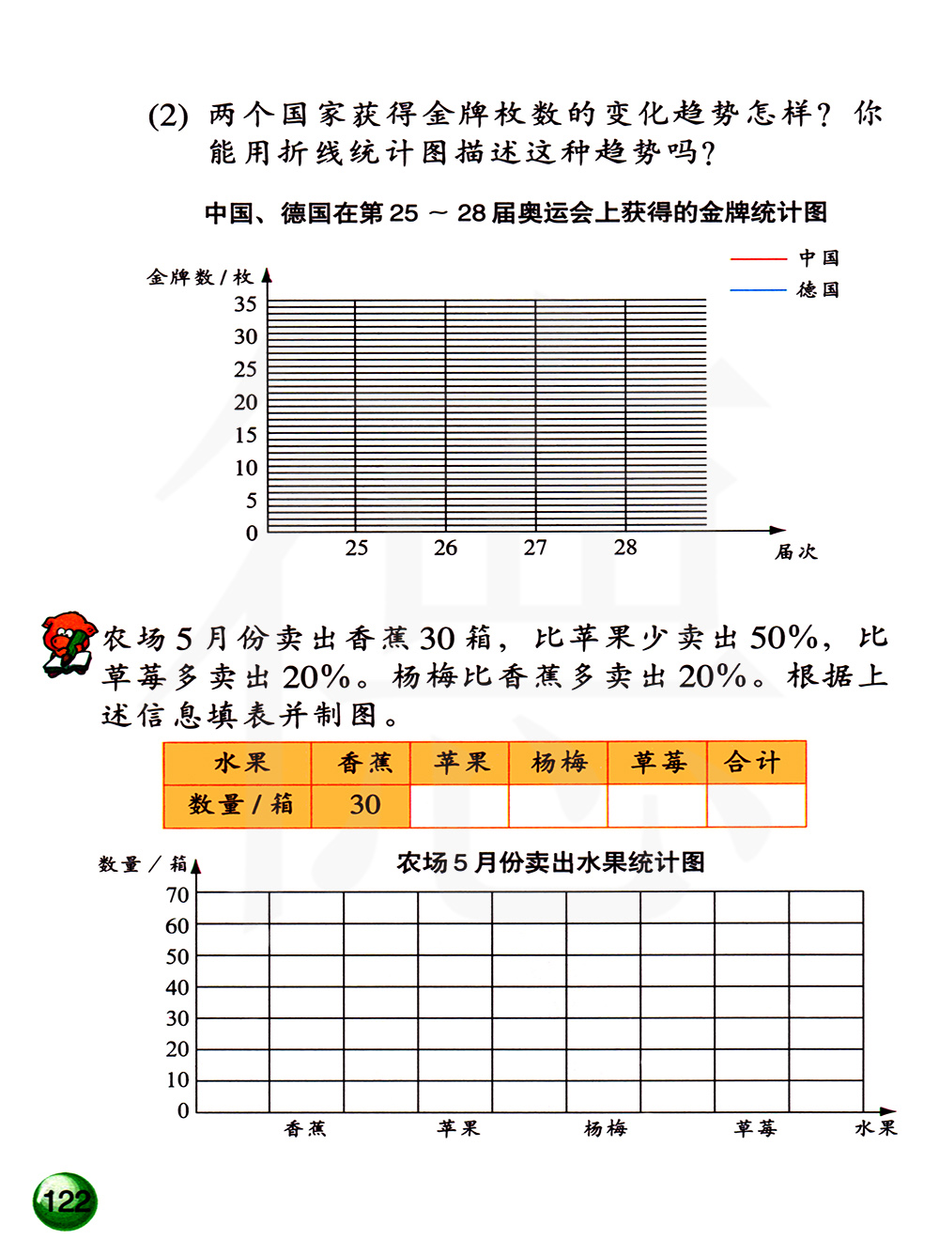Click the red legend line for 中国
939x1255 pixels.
tap(759, 258)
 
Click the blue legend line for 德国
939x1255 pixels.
tap(759, 290)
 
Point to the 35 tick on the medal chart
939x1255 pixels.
tap(245, 304)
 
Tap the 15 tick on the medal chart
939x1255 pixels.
tap(245, 435)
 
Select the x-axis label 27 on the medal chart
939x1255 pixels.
tap(535, 548)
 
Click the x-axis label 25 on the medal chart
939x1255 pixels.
tap(356, 548)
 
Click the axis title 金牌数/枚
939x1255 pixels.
tap(200, 277)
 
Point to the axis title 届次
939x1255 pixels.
tap(795, 552)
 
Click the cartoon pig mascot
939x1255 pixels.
tap(69, 643)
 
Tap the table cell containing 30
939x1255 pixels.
tap(364, 805)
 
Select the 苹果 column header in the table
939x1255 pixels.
tap(461, 763)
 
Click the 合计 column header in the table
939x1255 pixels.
tap(752, 763)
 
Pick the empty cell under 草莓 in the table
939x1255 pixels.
tap(656, 805)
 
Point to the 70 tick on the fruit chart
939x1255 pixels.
tap(177, 895)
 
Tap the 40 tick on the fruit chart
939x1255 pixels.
tap(177, 987)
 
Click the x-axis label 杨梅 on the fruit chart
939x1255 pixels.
tap(605, 1128)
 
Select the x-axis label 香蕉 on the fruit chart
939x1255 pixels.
tap(305, 1128)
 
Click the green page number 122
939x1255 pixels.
tap(66, 1201)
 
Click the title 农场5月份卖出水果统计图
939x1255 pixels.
tap(550, 862)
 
